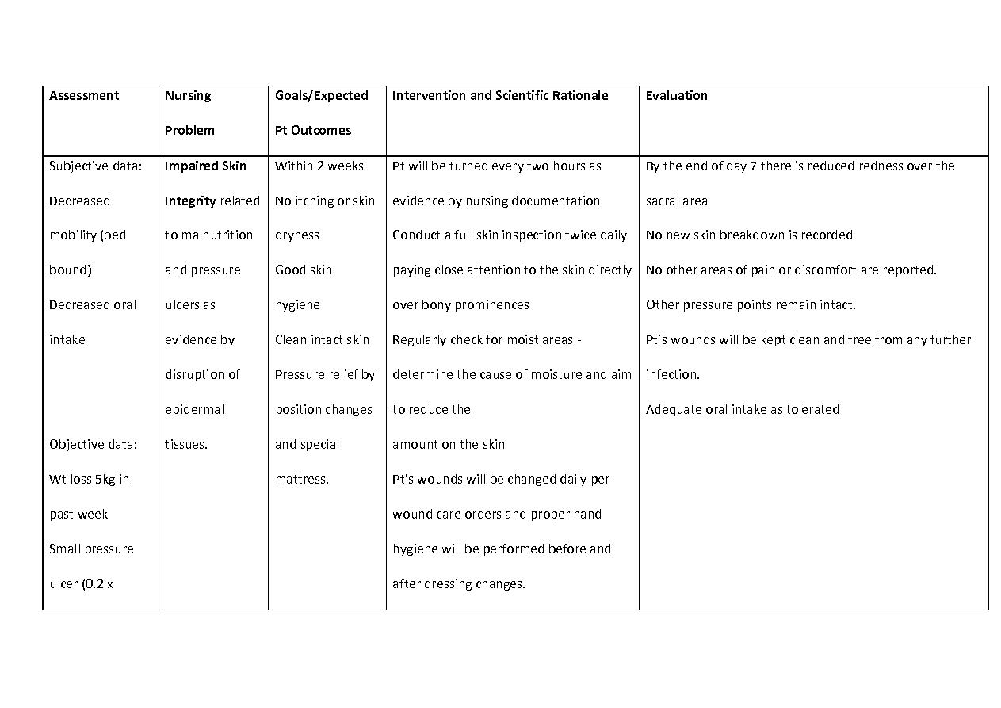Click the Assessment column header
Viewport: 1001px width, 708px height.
(x=83, y=96)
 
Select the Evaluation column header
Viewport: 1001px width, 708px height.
(x=676, y=96)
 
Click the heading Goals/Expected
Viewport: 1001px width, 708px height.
(x=321, y=96)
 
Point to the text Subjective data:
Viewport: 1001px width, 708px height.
(x=95, y=166)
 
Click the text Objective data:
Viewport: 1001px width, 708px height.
(x=93, y=445)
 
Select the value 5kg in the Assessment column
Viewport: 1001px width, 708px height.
(x=105, y=480)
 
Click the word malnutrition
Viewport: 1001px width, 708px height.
(x=216, y=235)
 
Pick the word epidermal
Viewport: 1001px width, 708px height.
(x=194, y=410)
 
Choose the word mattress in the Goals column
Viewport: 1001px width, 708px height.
(x=300, y=480)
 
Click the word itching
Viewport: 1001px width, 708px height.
(x=314, y=201)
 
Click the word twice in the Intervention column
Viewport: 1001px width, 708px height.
(x=580, y=235)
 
